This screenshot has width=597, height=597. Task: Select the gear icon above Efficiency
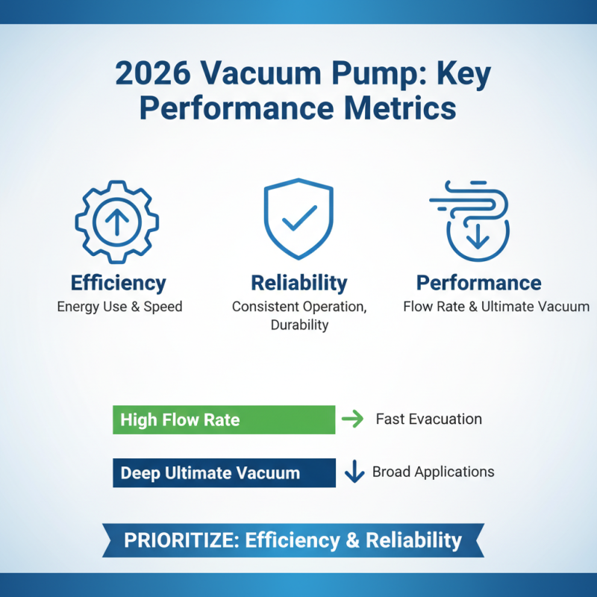117,221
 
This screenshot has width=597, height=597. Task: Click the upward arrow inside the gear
117,221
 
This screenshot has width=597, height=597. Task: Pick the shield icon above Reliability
298,218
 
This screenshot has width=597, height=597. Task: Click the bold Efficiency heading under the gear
118,283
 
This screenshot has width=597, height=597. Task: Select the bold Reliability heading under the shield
298,283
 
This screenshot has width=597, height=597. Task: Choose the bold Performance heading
478,283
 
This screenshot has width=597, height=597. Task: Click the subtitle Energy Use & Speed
119,306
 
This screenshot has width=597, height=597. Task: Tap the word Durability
298,325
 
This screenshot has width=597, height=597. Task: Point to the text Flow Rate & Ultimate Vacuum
496,306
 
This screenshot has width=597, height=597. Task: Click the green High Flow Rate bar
224,419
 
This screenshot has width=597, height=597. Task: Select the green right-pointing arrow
351,419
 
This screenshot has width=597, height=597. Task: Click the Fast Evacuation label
428,419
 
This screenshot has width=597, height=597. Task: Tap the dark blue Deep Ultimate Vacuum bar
224,472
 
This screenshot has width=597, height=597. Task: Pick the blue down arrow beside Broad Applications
354,472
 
